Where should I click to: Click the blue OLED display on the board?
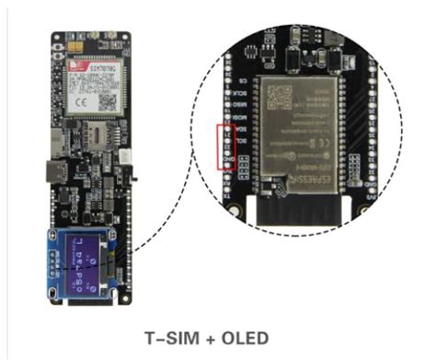coord(87,262)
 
